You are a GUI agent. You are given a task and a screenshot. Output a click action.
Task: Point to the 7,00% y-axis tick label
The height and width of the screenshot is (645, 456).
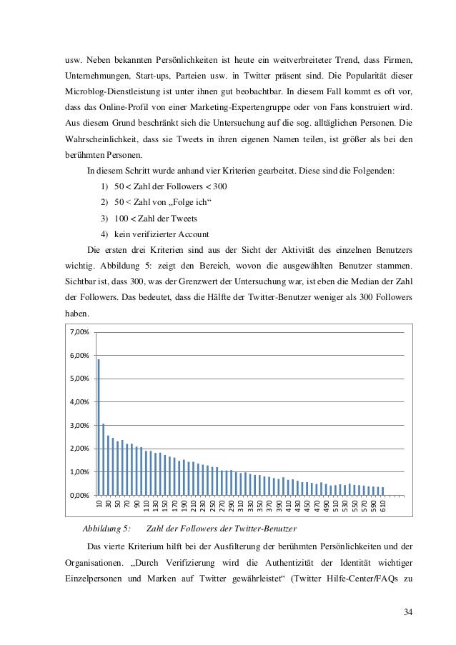(79, 332)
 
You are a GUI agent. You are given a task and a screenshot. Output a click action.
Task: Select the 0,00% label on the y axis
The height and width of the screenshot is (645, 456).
(79, 495)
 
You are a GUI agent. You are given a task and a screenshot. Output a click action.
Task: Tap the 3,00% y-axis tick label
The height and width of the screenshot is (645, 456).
(79, 425)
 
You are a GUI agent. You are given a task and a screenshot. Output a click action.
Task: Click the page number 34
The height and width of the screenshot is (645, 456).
(407, 611)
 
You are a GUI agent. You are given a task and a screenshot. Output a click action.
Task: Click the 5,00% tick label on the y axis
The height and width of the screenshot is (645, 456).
(79, 379)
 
